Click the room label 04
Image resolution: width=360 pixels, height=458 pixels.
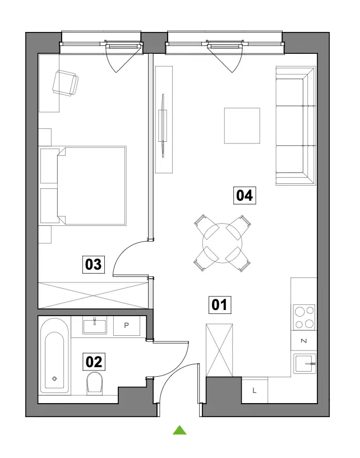click(244, 196)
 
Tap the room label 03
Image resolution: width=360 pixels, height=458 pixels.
click(94, 265)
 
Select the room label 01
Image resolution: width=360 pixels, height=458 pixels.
click(220, 305)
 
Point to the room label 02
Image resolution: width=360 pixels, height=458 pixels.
click(94, 362)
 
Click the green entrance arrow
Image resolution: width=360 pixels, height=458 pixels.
click(179, 431)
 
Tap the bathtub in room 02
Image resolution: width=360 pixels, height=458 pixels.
click(54, 356)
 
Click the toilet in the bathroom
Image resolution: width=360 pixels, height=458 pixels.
click(95, 383)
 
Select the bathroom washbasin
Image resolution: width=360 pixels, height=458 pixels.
click(94, 326)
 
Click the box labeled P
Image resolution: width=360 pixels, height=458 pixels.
click(127, 325)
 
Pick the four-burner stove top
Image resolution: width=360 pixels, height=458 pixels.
click(304, 317)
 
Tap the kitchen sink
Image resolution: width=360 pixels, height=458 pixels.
click(305, 364)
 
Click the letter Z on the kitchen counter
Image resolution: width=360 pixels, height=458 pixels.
click(304, 341)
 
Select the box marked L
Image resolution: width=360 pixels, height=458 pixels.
click(255, 391)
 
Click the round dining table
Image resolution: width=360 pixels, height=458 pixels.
click(223, 243)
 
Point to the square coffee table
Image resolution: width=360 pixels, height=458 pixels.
click(242, 126)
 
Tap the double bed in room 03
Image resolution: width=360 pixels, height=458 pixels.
click(91, 186)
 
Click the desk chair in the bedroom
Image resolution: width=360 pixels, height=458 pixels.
click(66, 83)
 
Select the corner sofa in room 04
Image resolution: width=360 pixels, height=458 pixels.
click(296, 126)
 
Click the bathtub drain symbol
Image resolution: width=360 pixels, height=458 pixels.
click(54, 379)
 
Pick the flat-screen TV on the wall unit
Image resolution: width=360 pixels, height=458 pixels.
click(163, 126)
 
